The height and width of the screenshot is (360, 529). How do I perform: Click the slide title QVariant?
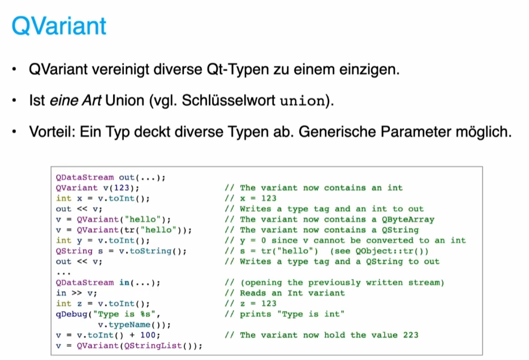click(x=59, y=26)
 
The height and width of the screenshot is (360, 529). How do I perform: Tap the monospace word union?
click(x=302, y=102)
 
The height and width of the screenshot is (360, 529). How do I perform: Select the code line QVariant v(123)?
click(x=97, y=187)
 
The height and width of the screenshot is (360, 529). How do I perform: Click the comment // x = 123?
click(x=250, y=198)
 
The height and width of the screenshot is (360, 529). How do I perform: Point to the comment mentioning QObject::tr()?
click(x=326, y=251)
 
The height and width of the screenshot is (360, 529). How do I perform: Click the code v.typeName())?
click(x=134, y=324)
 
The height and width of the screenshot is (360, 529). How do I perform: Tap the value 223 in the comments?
click(x=410, y=335)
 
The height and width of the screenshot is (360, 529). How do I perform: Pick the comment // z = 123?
click(x=250, y=303)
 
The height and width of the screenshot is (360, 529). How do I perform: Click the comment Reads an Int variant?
click(x=292, y=293)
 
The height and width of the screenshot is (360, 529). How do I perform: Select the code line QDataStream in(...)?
click(x=107, y=282)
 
